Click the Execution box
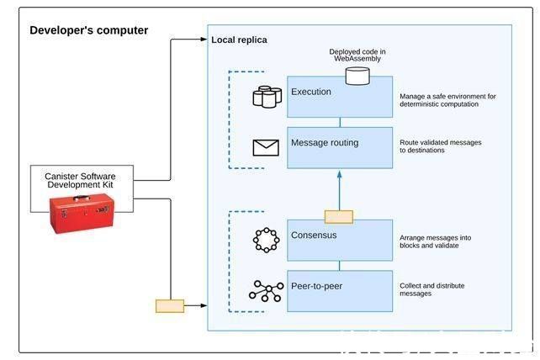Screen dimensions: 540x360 pyautogui.click(x=340, y=97)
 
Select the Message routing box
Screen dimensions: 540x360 pyautogui.click(x=340, y=148)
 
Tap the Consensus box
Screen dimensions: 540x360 pyautogui.click(x=340, y=240)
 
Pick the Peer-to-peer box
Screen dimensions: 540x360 pyautogui.click(x=340, y=291)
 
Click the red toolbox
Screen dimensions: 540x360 pyautogui.click(x=82, y=214)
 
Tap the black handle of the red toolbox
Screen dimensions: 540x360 pyautogui.click(x=82, y=198)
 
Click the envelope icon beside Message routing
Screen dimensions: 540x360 pyautogui.click(x=266, y=148)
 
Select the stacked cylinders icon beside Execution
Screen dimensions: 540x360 pyautogui.click(x=267, y=97)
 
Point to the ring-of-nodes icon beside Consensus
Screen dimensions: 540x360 pyautogui.click(x=266, y=240)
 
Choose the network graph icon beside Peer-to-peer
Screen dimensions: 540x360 pyautogui.click(x=266, y=291)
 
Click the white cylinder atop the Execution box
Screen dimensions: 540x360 pyautogui.click(x=357, y=76)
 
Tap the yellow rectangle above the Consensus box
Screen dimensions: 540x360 pyautogui.click(x=339, y=217)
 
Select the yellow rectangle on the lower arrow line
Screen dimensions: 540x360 pyautogui.click(x=170, y=306)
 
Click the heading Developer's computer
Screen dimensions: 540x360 pyautogui.click(x=89, y=30)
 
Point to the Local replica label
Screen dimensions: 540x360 pyautogui.click(x=239, y=40)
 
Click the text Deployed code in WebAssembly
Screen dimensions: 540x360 pyautogui.click(x=357, y=56)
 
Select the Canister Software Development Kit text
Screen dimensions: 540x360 pyautogui.click(x=80, y=181)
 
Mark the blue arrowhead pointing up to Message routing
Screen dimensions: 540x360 pyautogui.click(x=340, y=174)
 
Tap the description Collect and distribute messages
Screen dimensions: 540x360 pyautogui.click(x=431, y=289)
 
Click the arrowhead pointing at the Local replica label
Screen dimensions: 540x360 pyautogui.click(x=204, y=40)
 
